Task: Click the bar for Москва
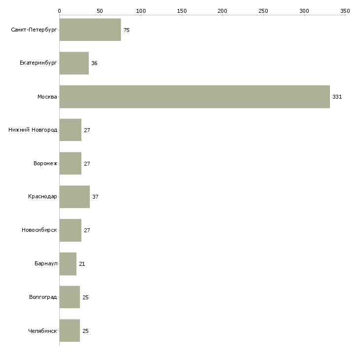195,97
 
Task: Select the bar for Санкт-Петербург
90,30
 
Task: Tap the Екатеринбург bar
74,63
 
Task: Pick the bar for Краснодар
74,197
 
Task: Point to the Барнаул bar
68,264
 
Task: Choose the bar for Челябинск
70,330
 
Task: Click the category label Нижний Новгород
33,130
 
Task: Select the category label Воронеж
45,163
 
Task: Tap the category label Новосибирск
39,230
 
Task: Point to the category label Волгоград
43,297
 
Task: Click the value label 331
337,97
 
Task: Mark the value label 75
127,30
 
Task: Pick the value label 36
94,63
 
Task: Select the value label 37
95,197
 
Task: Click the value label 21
82,264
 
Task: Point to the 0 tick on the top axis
60,11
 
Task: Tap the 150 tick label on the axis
182,11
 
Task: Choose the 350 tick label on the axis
345,11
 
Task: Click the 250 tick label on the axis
263,11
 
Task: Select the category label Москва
47,97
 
